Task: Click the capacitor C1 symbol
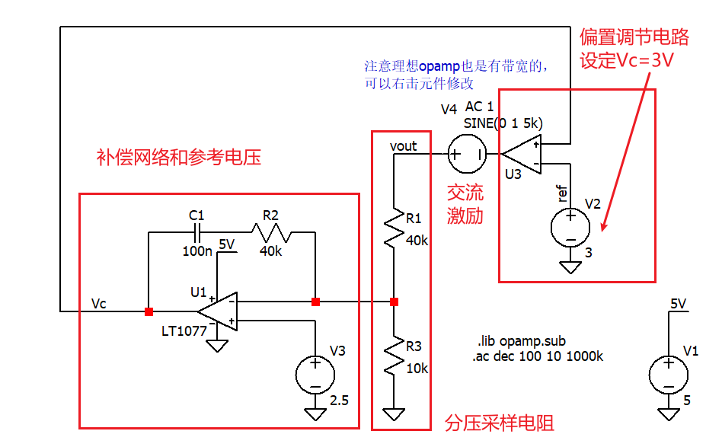[198, 231]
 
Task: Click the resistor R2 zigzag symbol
[272, 231]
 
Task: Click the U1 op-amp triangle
[219, 311]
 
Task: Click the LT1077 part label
[183, 331]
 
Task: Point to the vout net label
[403, 145]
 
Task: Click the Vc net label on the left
[99, 303]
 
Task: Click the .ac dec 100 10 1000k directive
[538, 355]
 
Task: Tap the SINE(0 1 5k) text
[503, 123]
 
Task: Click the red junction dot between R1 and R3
[394, 302]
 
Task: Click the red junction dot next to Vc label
[149, 311]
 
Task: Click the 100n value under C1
[197, 251]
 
